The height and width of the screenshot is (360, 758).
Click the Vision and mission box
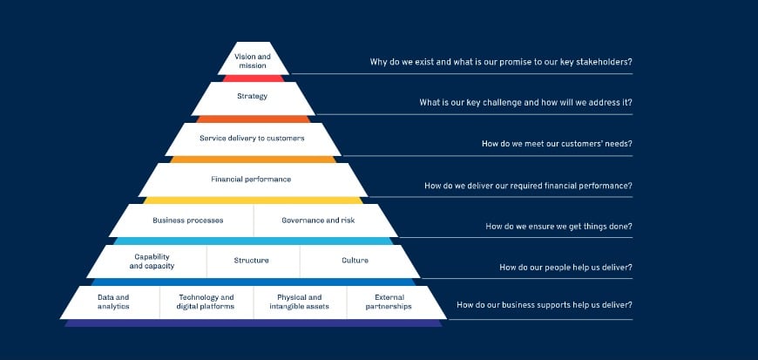coord(253,60)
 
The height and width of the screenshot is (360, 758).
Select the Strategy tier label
coord(253,96)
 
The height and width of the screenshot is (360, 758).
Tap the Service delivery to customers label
coord(253,138)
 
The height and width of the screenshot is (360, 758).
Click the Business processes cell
coord(187,221)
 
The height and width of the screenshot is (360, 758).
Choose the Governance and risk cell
coord(318,221)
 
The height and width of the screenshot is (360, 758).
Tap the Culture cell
coord(355,261)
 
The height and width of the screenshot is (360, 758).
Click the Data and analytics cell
coord(113,302)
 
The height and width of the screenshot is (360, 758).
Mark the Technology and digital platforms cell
coord(206,302)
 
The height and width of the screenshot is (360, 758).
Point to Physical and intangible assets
coord(299,302)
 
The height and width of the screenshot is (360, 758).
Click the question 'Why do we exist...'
coord(501,62)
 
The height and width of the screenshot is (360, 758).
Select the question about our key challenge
coord(525,103)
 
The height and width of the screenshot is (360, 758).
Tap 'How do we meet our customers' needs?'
coord(557,144)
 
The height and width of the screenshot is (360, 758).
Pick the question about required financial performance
coord(528,185)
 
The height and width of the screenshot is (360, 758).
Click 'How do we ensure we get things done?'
coord(558,226)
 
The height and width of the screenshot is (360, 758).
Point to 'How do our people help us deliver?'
coord(565,267)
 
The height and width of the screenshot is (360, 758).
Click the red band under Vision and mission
coord(253,78)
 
